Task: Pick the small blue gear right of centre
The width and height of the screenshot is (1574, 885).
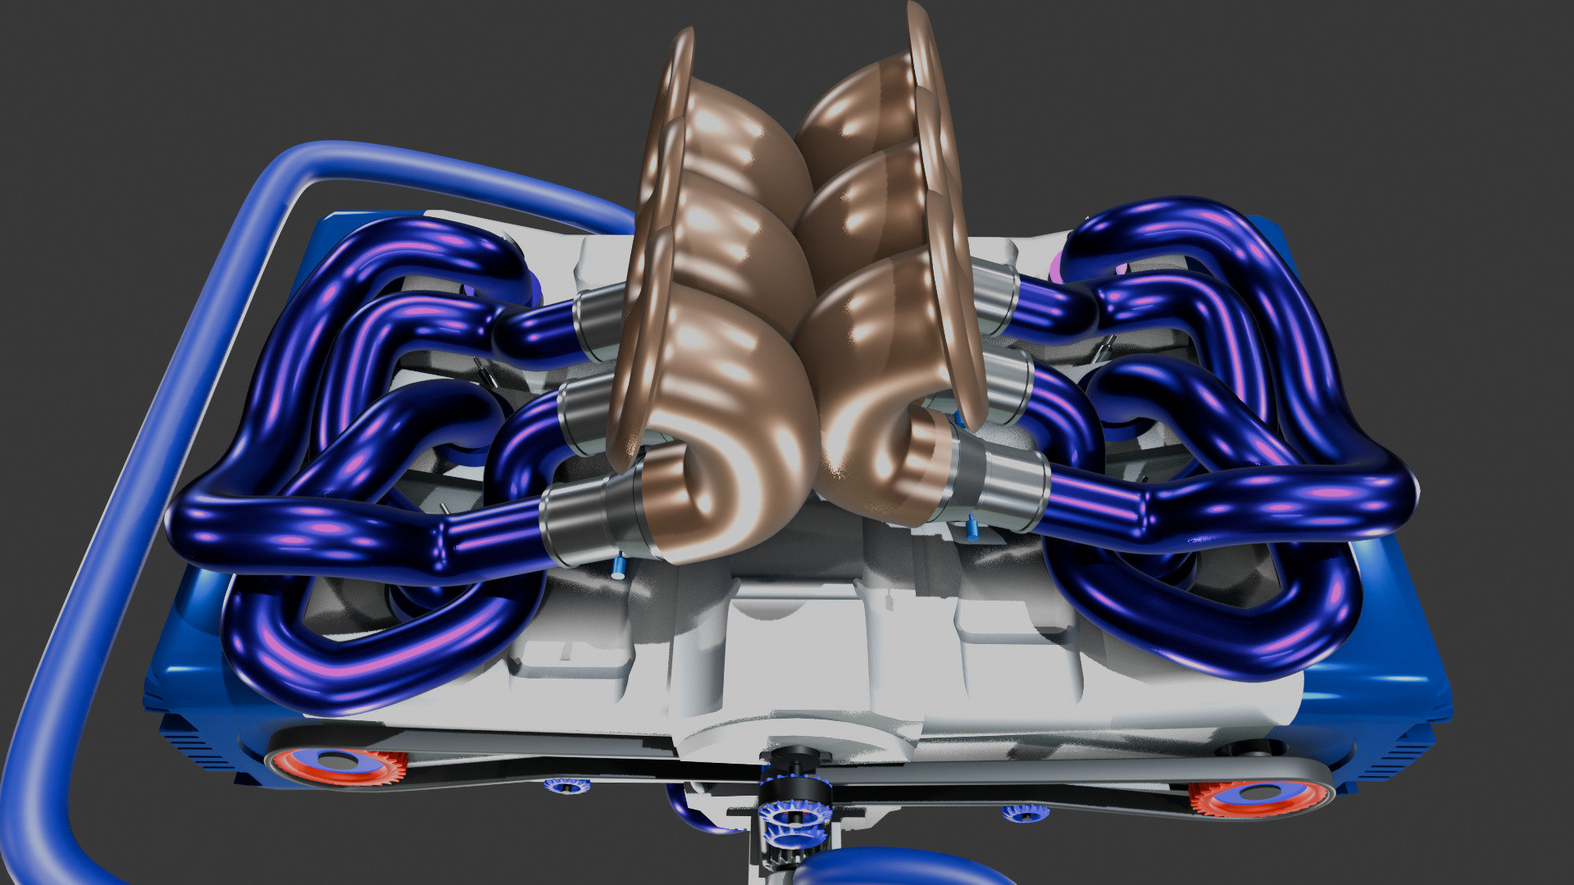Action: click(1025, 812)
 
